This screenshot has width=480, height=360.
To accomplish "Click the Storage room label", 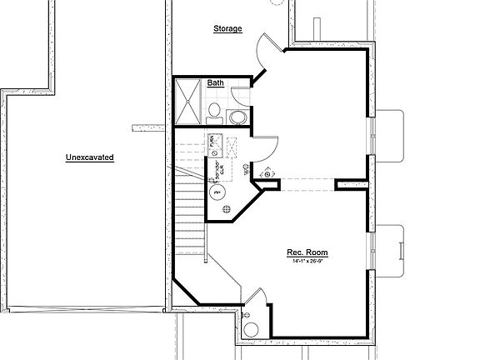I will click(x=227, y=29).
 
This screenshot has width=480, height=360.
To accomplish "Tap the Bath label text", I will click(x=215, y=83).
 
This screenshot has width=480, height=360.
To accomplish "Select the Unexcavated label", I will click(x=89, y=157).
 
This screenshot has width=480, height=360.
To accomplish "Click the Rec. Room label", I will click(x=308, y=252).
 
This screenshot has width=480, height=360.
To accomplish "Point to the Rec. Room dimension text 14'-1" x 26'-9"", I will click(x=308, y=262).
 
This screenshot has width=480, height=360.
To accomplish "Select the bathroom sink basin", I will click(x=236, y=117).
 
